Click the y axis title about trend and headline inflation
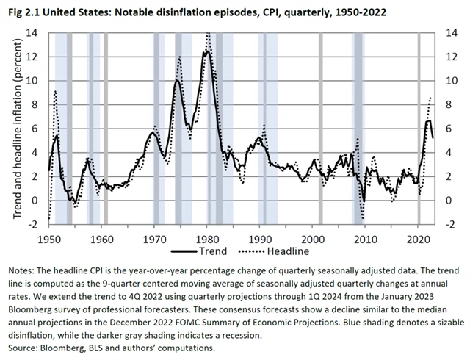click(x=17, y=128)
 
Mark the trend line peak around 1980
click(x=207, y=51)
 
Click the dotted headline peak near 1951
click(x=55, y=92)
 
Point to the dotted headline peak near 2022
click(x=430, y=97)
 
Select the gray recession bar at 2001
click(x=319, y=128)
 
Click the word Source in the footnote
click(x=22, y=348)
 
